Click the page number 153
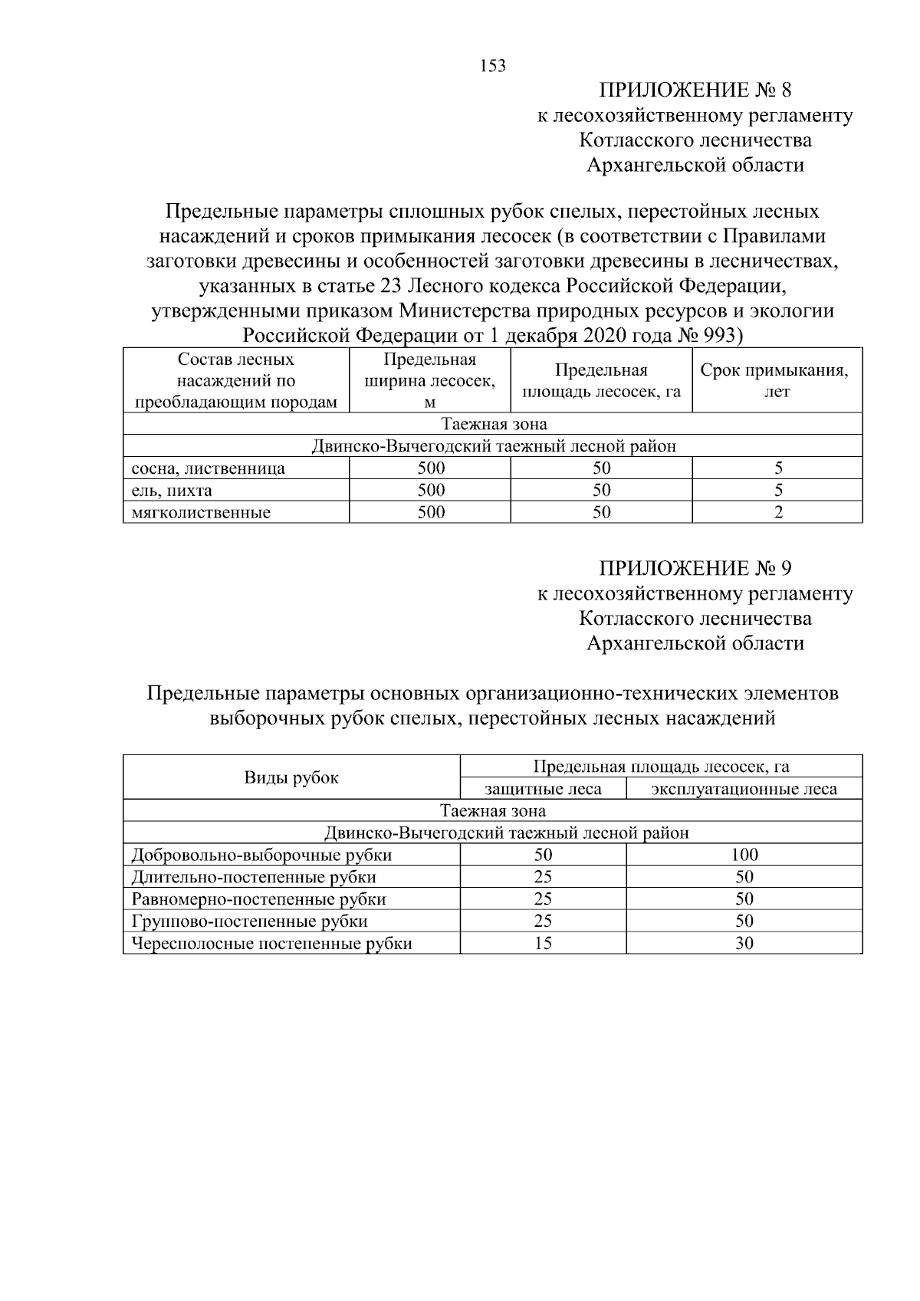pos(493,66)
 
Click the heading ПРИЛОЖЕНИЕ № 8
pos(695,90)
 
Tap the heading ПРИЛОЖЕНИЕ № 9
pos(695,569)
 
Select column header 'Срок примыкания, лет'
pos(777,380)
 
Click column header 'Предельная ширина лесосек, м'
pos(429,380)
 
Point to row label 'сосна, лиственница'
pos(208,468)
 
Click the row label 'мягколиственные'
pos(201,513)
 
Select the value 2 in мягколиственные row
pos(778,513)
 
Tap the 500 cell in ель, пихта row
pos(431,491)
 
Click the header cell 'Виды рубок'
pos(291,777)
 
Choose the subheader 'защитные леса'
pos(543,789)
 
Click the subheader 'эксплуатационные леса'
pos(744,789)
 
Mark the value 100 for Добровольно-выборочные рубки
pos(744,855)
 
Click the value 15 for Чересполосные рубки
pos(543,944)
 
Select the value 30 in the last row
pos(744,944)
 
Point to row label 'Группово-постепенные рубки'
pos(249,922)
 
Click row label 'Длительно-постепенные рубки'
pos(254,877)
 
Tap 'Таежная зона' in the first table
pos(493,424)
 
